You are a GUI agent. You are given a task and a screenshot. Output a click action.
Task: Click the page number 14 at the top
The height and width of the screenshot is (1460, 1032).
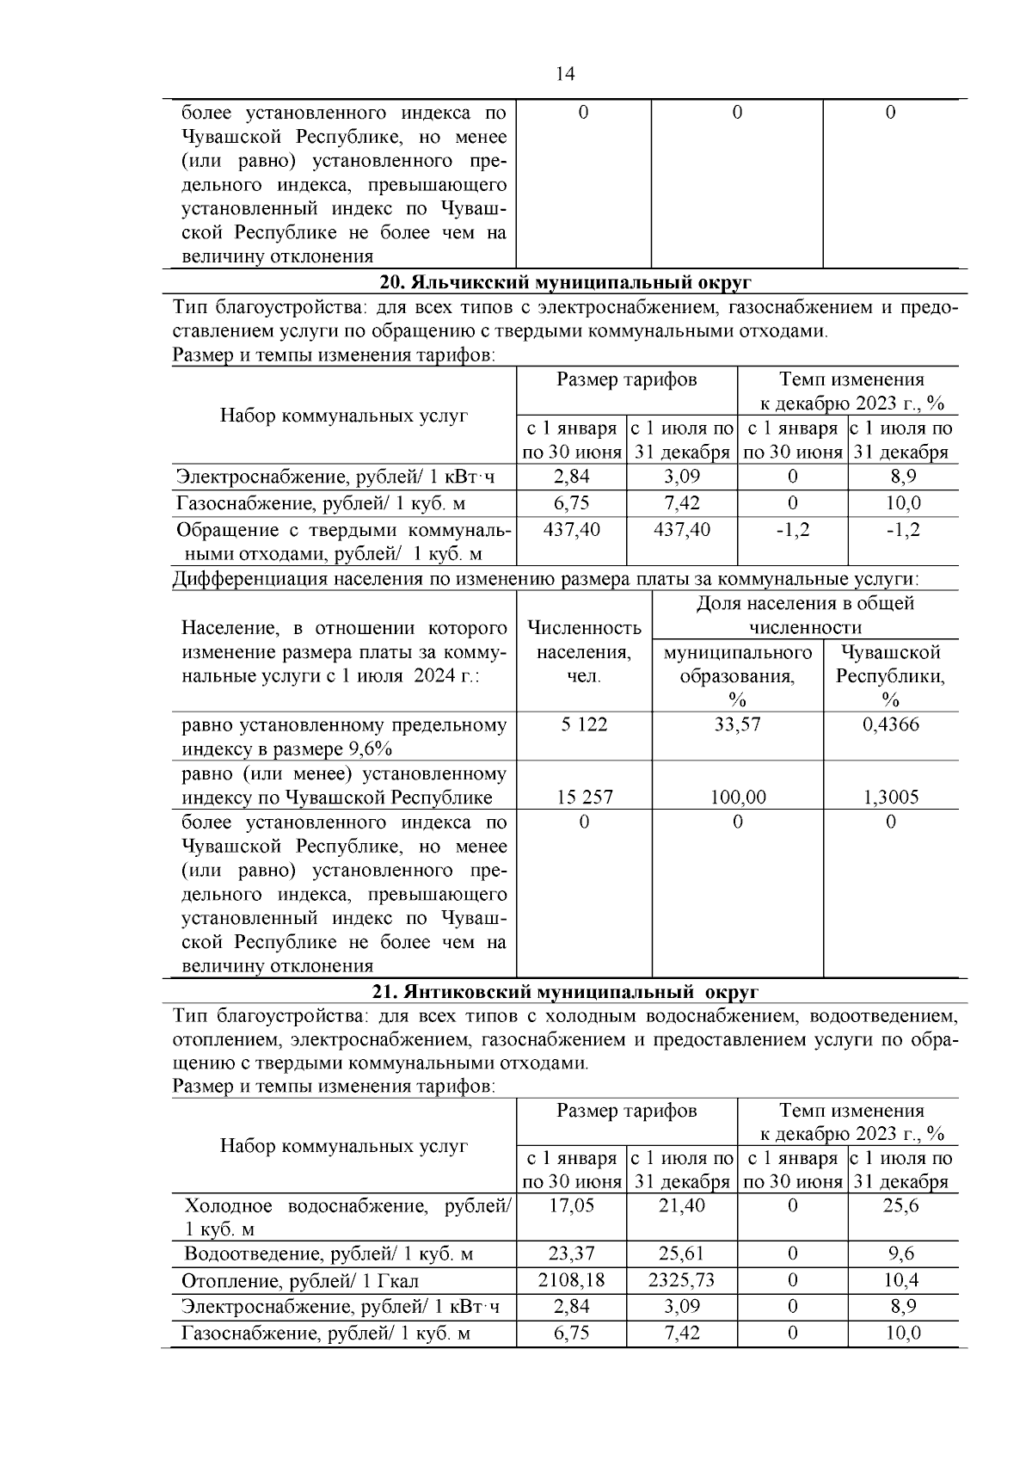565,74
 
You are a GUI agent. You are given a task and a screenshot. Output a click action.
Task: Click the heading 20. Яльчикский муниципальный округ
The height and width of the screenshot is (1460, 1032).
565,282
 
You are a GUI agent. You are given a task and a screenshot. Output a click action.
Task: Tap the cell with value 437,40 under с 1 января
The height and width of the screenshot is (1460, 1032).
572,530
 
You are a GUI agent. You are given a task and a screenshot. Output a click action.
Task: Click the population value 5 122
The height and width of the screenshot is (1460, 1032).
584,724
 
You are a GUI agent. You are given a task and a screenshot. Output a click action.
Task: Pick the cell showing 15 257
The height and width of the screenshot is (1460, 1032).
584,798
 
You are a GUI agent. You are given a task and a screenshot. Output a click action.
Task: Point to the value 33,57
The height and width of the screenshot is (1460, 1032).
737,724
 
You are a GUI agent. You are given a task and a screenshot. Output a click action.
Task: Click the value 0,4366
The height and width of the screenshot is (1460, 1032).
890,724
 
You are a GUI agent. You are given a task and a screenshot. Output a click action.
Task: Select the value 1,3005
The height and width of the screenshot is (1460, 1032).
890,798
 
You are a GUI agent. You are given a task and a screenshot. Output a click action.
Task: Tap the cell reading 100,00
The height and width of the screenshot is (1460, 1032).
737,798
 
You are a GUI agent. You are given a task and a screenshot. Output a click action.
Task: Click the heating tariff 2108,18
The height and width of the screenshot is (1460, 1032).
572,1280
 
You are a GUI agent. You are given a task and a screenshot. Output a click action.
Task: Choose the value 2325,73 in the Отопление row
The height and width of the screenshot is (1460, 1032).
682,1280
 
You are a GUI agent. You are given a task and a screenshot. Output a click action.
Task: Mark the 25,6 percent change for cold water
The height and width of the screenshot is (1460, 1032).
901,1206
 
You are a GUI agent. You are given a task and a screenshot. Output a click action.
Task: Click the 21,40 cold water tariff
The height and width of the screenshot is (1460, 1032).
682,1206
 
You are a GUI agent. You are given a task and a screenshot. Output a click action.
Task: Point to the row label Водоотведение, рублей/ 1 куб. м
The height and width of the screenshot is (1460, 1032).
329,1254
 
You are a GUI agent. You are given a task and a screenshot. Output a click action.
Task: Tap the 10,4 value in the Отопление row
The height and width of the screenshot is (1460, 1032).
901,1280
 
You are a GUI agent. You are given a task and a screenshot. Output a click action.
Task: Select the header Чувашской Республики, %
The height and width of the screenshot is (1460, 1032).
890,675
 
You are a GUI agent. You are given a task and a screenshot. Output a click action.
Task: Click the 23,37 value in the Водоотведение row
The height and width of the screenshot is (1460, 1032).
572,1254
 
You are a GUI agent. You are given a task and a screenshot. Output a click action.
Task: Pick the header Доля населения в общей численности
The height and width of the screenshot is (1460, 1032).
804,615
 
